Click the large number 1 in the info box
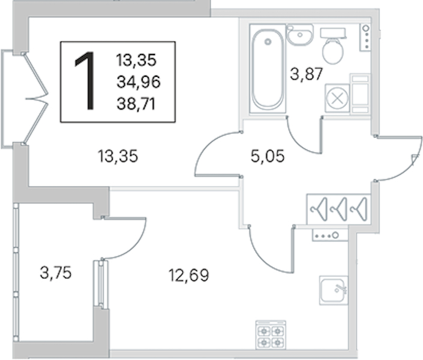click(86, 81)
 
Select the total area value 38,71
click(136, 104)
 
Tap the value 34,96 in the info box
click(139, 82)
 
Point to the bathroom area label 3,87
click(306, 74)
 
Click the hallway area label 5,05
click(268, 156)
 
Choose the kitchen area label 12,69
click(189, 275)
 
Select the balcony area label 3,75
click(56, 272)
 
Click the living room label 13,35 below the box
click(118, 156)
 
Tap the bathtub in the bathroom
click(268, 69)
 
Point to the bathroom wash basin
click(300, 35)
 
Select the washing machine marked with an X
click(337, 98)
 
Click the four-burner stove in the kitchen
click(271, 335)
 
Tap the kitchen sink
click(334, 290)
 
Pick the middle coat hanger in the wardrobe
click(339, 209)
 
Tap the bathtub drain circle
click(268, 42)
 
